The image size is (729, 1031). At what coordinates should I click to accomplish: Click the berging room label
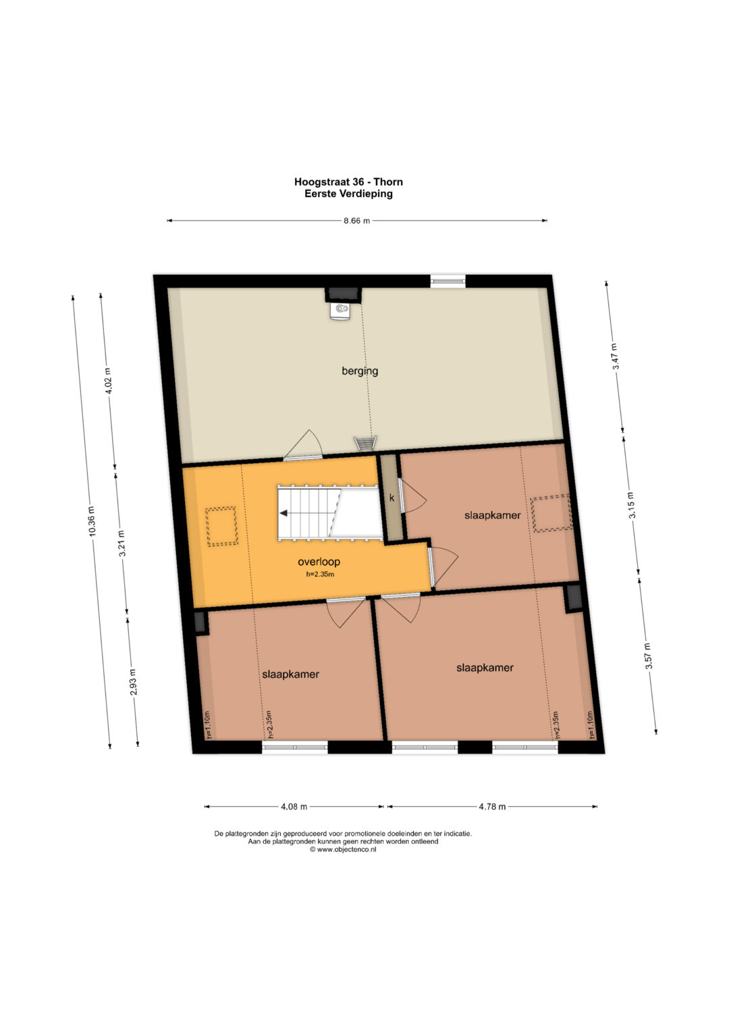click(359, 371)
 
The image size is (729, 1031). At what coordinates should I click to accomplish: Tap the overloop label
click(319, 562)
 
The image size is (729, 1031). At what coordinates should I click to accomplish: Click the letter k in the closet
click(392, 498)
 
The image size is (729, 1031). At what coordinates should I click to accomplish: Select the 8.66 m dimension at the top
click(356, 221)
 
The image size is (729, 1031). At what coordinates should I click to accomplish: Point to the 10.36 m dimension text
click(92, 521)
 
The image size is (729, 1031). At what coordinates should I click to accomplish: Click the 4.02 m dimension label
click(108, 381)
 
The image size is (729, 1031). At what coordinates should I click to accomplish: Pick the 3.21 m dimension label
click(122, 543)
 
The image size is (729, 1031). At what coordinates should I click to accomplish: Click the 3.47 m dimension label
click(616, 356)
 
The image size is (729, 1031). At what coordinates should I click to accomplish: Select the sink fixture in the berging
click(340, 311)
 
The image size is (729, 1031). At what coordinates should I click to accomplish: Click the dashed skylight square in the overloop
click(221, 526)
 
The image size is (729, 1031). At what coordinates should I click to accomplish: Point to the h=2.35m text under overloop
click(320, 575)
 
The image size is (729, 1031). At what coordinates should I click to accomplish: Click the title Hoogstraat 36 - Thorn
click(348, 182)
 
